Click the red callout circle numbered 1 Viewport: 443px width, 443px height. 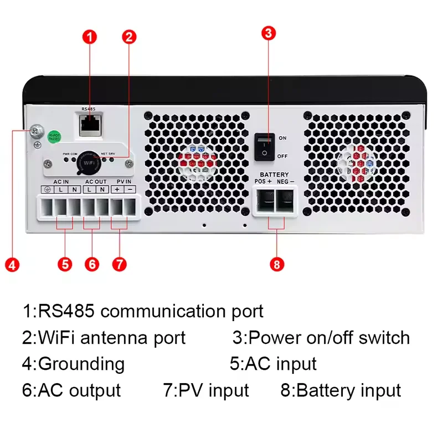[x=90, y=37]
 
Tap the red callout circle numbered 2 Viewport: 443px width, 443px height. [x=129, y=37]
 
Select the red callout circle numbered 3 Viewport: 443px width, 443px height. [x=268, y=33]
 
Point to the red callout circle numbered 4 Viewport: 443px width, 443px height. [x=12, y=264]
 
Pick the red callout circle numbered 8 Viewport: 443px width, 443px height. [x=277, y=264]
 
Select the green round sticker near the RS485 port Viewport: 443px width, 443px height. [x=55, y=137]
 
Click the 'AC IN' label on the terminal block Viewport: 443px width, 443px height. [x=61, y=181]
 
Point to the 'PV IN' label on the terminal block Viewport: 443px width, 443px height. [x=124, y=181]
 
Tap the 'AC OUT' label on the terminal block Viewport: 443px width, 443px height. [x=96, y=181]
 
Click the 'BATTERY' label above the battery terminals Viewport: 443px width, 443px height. [x=274, y=174]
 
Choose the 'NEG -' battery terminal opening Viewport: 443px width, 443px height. [x=286, y=203]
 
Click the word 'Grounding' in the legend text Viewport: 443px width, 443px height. [x=81, y=364]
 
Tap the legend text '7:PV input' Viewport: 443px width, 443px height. [x=206, y=390]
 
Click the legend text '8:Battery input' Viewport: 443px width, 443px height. [x=341, y=390]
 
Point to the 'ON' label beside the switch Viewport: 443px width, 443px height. [x=282, y=138]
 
